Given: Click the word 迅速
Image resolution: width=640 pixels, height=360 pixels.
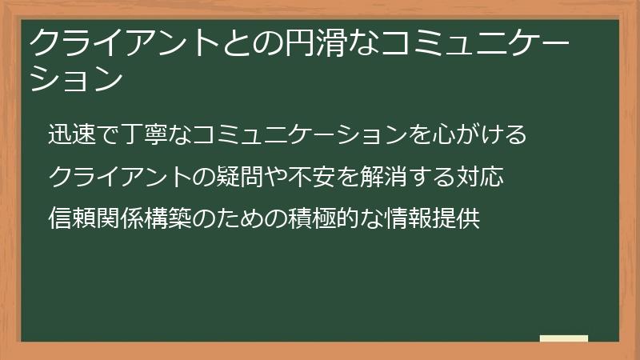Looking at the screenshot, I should [x=73, y=134].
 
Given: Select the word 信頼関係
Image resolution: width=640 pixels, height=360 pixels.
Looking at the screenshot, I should [x=97, y=217].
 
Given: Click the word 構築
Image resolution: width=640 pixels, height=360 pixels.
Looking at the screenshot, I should [x=169, y=217].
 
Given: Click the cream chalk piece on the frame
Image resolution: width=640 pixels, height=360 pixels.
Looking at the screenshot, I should [x=564, y=339].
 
